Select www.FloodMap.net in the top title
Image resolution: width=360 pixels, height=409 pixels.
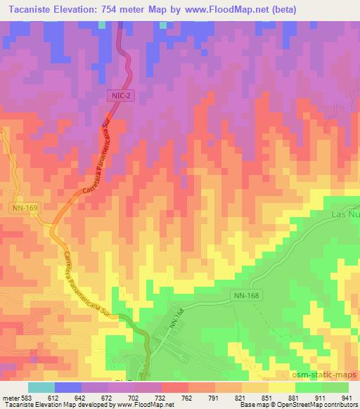click(226, 9)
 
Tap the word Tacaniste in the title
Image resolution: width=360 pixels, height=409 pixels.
click(27, 9)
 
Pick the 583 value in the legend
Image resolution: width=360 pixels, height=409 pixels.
click(25, 397)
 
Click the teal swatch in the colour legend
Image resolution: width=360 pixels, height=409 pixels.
click(41, 387)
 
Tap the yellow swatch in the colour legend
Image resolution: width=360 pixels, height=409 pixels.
click(281, 387)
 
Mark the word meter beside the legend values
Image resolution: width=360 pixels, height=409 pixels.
click(10, 397)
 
